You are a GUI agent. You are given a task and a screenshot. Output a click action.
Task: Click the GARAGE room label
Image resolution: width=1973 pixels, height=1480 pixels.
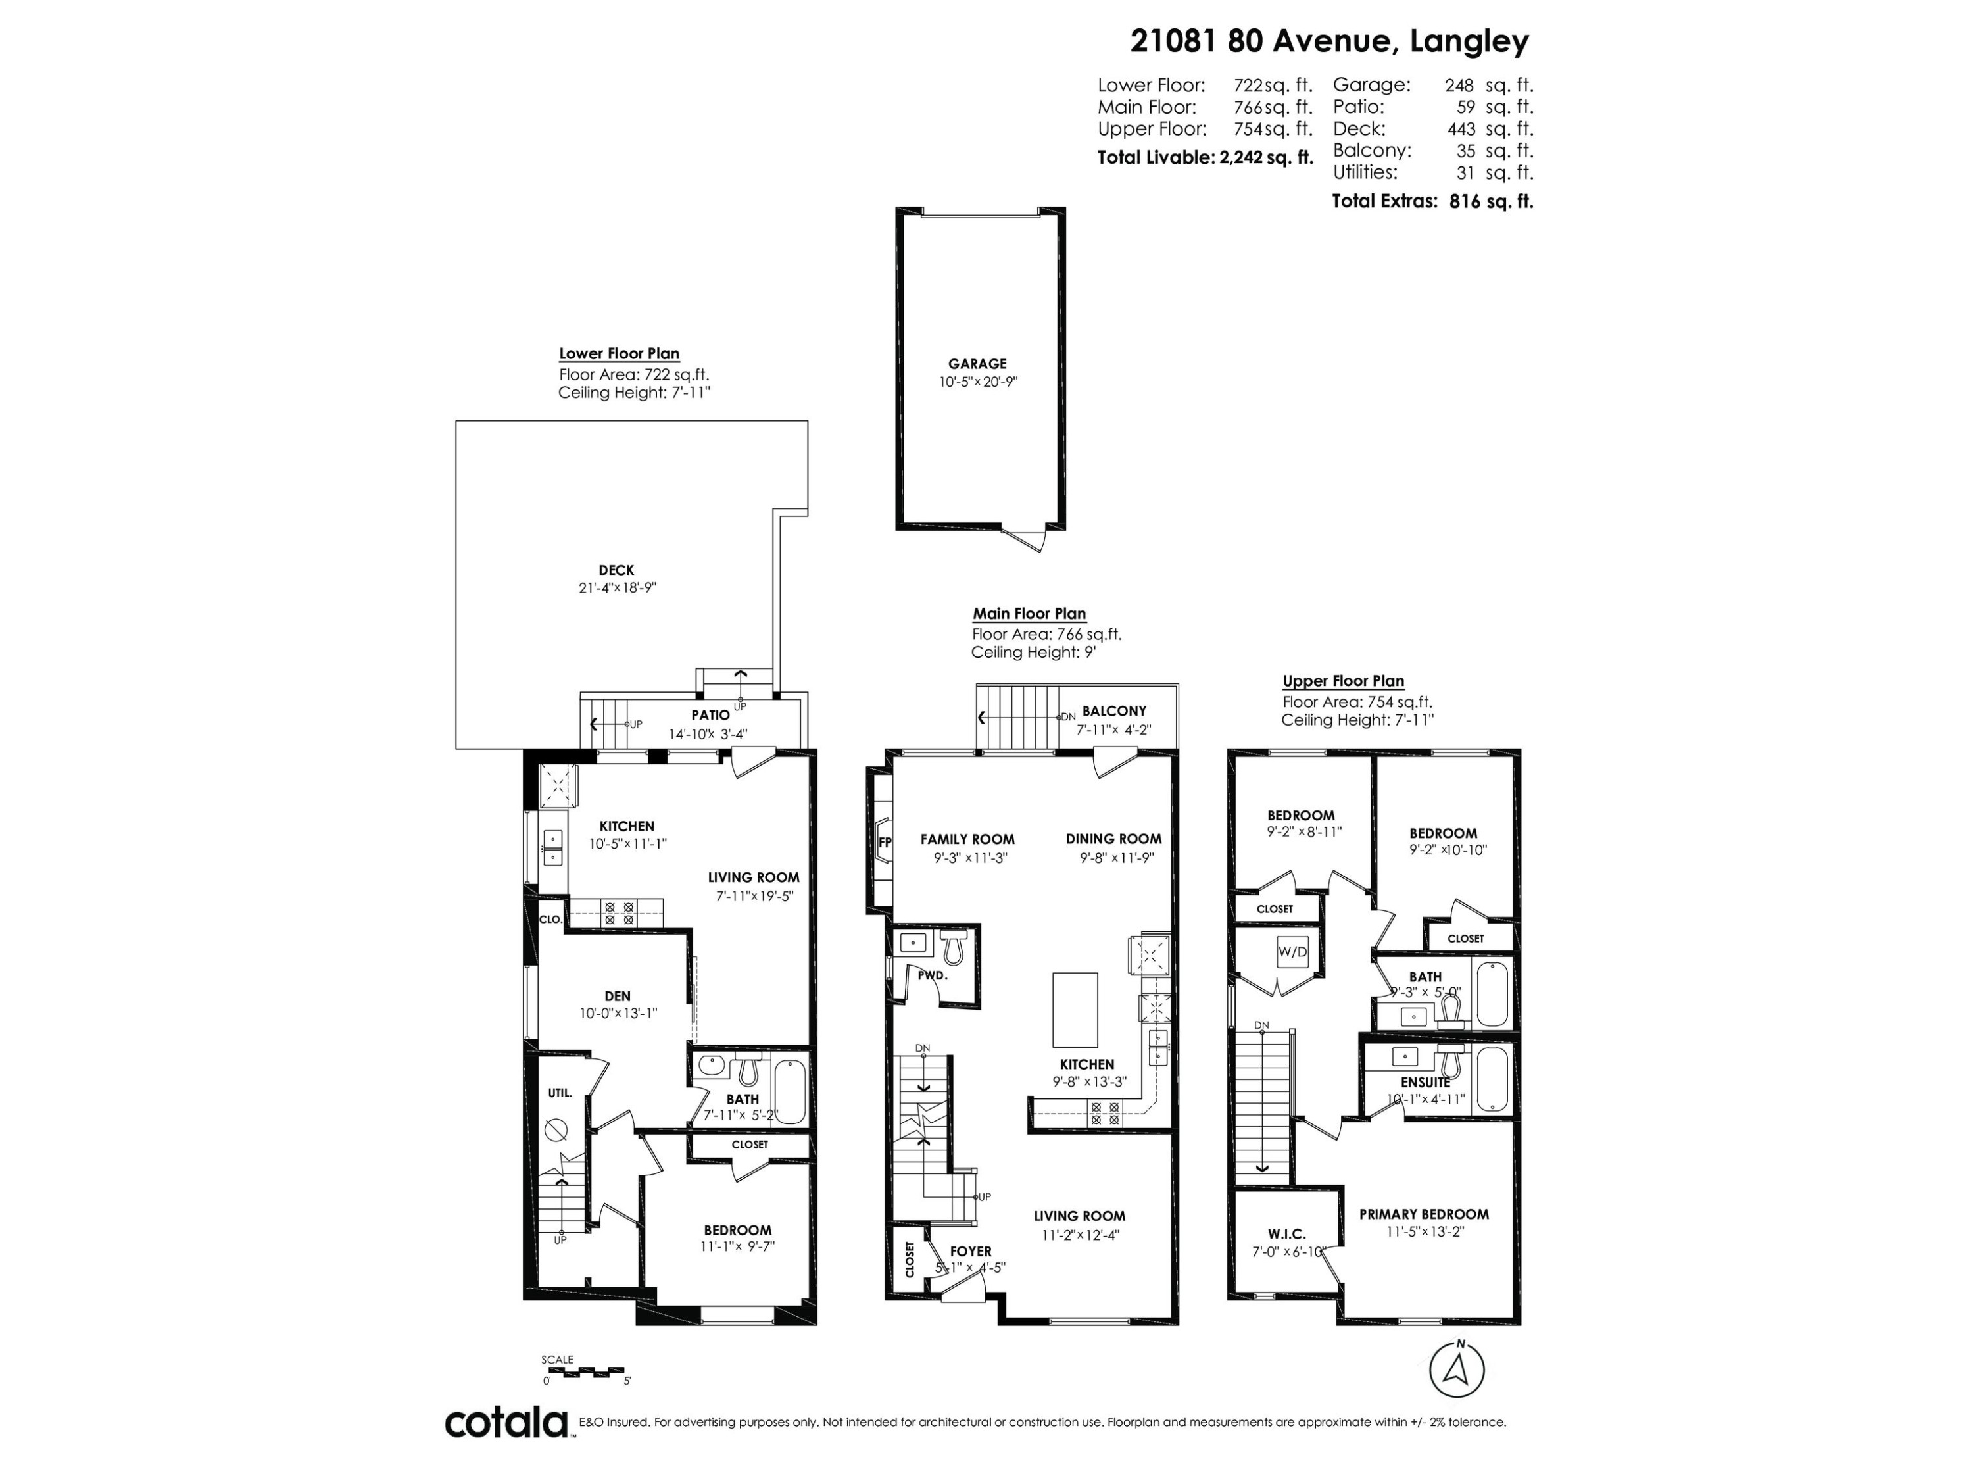click(x=977, y=364)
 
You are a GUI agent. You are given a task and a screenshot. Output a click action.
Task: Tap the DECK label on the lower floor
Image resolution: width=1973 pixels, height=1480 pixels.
click(x=616, y=570)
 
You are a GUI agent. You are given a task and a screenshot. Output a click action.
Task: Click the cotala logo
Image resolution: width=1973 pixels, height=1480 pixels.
click(x=506, y=1422)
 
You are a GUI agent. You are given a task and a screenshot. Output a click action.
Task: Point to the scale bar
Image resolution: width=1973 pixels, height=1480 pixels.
click(x=584, y=1370)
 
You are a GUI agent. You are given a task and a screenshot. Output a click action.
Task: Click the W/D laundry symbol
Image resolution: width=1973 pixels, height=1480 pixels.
click(x=1292, y=952)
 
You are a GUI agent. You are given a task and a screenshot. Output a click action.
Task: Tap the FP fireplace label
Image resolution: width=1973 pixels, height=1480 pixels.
click(x=885, y=841)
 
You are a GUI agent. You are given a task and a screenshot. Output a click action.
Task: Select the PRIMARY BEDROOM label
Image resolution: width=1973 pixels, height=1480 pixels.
click(x=1424, y=1214)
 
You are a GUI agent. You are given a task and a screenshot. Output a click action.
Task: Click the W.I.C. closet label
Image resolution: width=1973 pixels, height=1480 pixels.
click(x=1286, y=1234)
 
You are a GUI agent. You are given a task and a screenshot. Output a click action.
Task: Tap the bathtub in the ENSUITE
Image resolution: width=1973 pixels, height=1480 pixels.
click(x=1493, y=1079)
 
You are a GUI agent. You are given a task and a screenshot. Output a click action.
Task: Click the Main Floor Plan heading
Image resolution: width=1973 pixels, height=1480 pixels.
click(x=1029, y=614)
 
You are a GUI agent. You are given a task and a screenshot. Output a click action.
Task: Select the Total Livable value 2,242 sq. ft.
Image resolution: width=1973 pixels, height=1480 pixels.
click(x=1267, y=158)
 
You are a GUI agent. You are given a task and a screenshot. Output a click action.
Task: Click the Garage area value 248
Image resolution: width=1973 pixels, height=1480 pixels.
click(x=1459, y=86)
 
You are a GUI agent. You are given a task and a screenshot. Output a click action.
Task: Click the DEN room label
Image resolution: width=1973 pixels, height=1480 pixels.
click(x=618, y=997)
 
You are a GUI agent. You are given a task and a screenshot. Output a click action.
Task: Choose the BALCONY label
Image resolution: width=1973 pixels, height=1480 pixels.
click(x=1114, y=711)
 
